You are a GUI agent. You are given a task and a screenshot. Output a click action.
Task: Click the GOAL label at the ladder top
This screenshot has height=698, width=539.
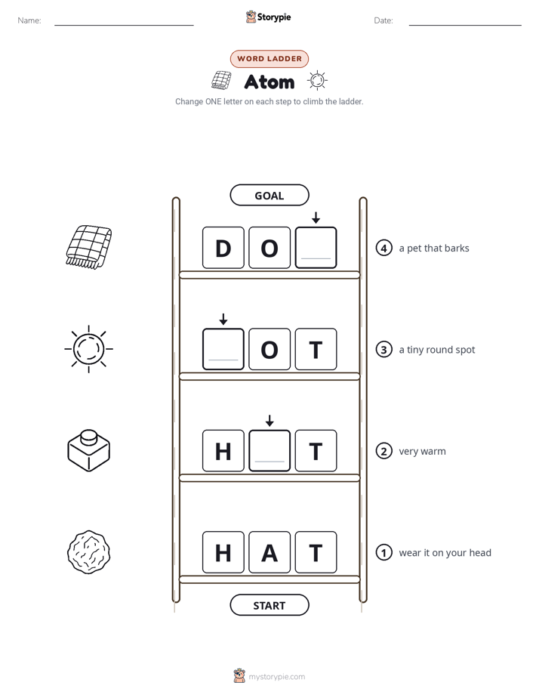pyautogui.click(x=269, y=196)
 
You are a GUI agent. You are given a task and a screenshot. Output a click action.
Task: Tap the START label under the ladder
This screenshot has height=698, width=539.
pyautogui.click(x=269, y=605)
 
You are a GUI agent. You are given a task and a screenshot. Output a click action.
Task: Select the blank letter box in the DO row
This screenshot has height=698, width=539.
pyautogui.click(x=316, y=248)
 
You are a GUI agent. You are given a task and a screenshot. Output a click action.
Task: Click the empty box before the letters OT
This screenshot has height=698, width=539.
pyautogui.click(x=223, y=350)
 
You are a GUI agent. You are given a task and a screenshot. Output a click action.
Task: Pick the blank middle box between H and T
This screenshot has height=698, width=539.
pyautogui.click(x=269, y=451)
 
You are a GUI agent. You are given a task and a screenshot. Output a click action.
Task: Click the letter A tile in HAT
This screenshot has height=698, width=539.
pyautogui.click(x=269, y=552)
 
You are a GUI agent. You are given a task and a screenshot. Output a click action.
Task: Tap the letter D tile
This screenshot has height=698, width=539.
pyautogui.click(x=223, y=248)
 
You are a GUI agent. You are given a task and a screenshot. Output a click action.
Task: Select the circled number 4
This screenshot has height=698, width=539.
pyautogui.click(x=383, y=248)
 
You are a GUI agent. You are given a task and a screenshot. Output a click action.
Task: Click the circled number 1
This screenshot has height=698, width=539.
pyautogui.click(x=383, y=552)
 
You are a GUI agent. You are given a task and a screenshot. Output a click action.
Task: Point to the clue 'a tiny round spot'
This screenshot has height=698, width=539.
pyautogui.click(x=437, y=350)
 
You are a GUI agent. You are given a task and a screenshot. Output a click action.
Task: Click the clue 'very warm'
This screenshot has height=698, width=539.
pyautogui.click(x=422, y=452)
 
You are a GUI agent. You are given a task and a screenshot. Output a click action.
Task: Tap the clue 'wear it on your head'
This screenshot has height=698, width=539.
pyautogui.click(x=445, y=553)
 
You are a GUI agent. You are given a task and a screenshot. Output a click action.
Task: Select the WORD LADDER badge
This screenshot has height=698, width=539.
pyautogui.click(x=269, y=59)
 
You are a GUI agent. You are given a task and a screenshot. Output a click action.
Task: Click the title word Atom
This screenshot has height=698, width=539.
pyautogui.click(x=269, y=82)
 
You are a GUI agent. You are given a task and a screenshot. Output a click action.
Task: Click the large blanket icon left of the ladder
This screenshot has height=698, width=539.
pyautogui.click(x=88, y=246)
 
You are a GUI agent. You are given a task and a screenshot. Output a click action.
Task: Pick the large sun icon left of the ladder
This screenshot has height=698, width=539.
pyautogui.click(x=88, y=349)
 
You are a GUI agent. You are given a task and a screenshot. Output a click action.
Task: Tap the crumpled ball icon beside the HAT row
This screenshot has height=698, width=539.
pyautogui.click(x=88, y=552)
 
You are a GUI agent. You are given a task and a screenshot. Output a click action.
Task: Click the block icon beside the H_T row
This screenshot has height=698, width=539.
pyautogui.click(x=88, y=450)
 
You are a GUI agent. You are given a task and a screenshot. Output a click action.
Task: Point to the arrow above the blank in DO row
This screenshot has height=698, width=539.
pyautogui.click(x=316, y=218)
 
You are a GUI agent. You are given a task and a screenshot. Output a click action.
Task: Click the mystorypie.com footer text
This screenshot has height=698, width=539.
pyautogui.click(x=276, y=677)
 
